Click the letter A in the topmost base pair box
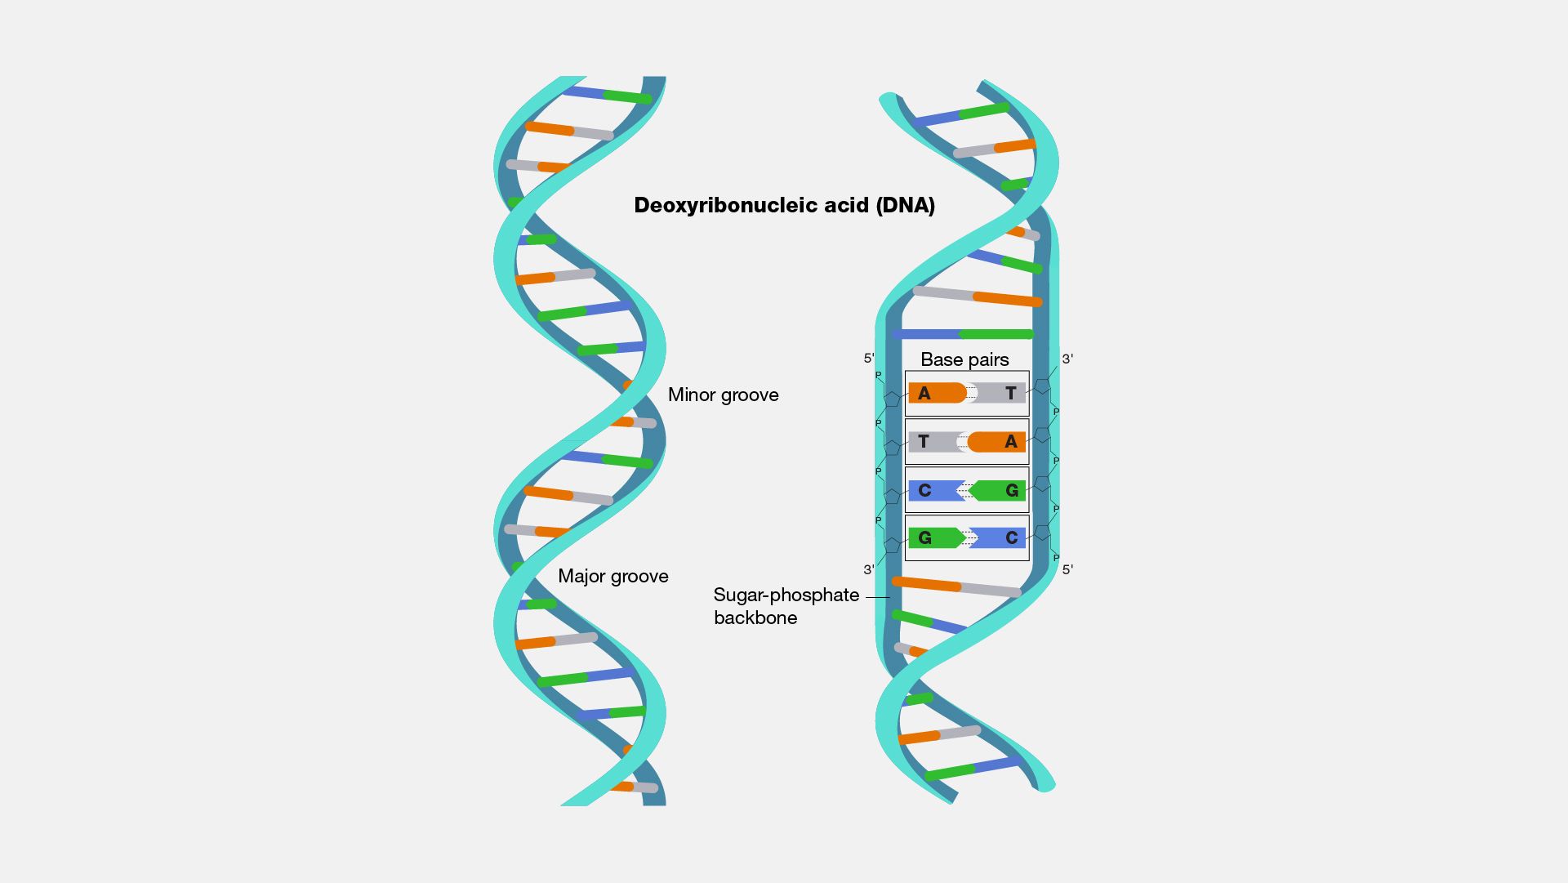point(924,394)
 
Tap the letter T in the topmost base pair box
point(1011,394)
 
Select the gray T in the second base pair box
point(924,442)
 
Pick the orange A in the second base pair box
point(1011,442)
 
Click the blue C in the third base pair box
point(924,491)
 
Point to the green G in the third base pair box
point(1012,491)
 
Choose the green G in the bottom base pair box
point(924,538)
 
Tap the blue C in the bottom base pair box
point(1012,538)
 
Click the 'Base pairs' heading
point(964,359)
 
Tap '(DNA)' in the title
point(905,205)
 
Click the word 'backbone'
point(755,618)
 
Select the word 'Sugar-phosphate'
point(786,595)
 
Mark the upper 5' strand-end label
point(869,358)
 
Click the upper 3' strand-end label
point(1067,359)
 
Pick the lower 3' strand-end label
point(869,569)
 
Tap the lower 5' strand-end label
point(1067,569)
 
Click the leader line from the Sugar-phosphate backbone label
point(877,597)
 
